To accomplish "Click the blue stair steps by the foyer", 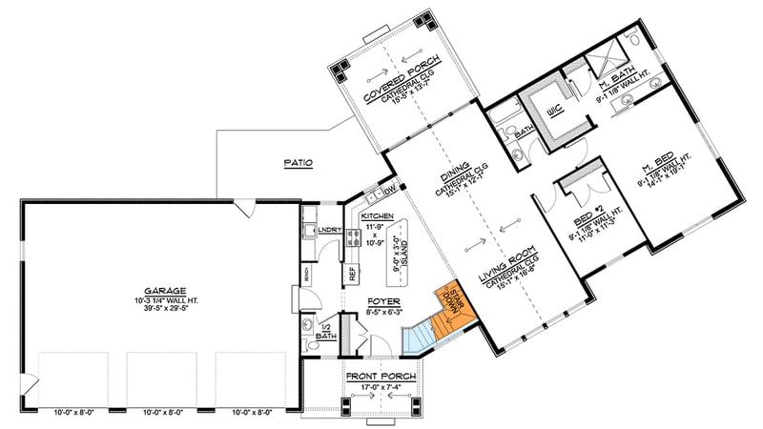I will [x=419, y=335].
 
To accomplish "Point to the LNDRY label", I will [x=329, y=229].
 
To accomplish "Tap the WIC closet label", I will [x=554, y=112].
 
